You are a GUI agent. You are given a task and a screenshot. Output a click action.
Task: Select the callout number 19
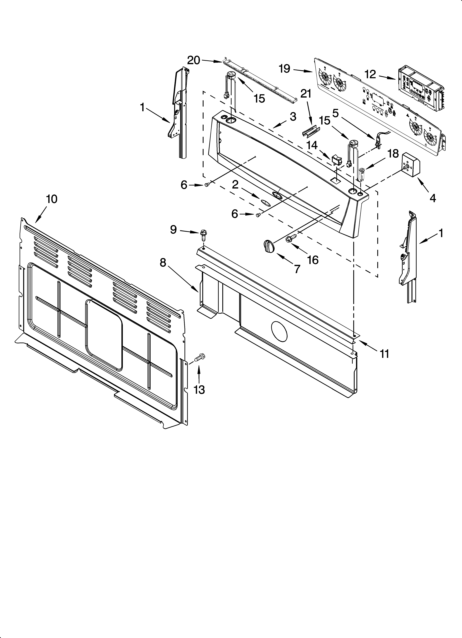(285, 68)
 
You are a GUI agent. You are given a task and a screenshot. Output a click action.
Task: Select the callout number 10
(52, 199)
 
